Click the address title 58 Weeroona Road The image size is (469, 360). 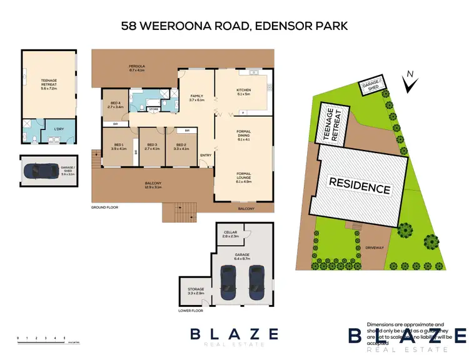coord(234,27)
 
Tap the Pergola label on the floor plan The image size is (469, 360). coord(137,67)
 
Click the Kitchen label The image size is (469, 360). coord(243,92)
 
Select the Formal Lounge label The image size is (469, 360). coord(243,177)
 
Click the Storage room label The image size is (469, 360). coord(196,291)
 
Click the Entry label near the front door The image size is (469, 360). coord(205,156)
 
